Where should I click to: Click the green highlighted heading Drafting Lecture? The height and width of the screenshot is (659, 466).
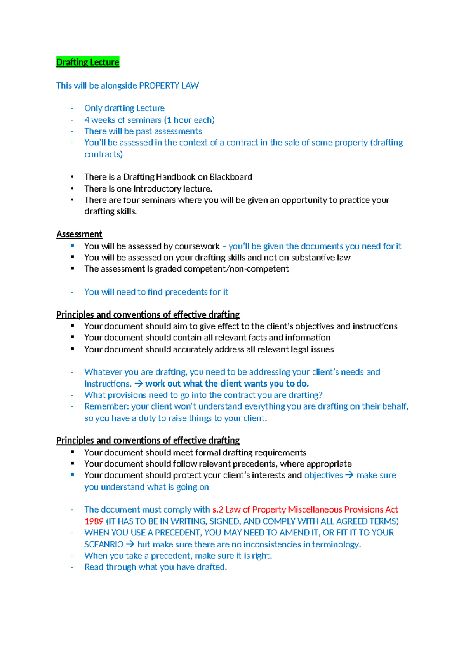88,62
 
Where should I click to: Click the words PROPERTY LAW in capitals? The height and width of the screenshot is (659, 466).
169,85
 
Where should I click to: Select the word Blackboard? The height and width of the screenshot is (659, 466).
231,177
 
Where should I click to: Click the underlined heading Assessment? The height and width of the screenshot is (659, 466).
79,234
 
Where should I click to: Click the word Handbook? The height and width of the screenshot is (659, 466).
176,177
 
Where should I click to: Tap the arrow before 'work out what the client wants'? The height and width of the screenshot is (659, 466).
138,384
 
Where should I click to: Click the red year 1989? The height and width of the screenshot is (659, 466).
94,521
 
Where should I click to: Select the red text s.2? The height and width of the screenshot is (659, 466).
217,509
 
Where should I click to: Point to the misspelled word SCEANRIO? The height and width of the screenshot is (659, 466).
104,544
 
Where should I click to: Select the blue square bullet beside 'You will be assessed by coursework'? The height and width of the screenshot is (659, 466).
72,246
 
